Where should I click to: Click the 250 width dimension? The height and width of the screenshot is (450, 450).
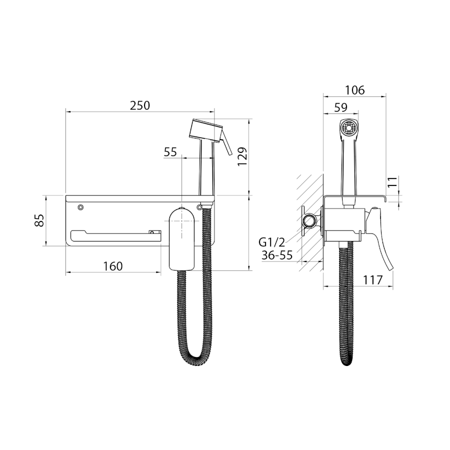140,105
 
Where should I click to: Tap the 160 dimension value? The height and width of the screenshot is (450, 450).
113,266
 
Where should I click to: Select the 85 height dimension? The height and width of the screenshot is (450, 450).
39,220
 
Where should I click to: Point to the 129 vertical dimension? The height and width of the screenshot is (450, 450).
242,156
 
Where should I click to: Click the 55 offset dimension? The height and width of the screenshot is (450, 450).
170,152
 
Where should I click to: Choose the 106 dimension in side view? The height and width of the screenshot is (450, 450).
354,90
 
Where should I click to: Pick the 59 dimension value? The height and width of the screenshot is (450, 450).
341,107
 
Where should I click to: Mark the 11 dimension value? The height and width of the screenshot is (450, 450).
392,182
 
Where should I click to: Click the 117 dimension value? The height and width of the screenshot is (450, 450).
373,280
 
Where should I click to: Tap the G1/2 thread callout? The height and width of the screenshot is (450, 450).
272,243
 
